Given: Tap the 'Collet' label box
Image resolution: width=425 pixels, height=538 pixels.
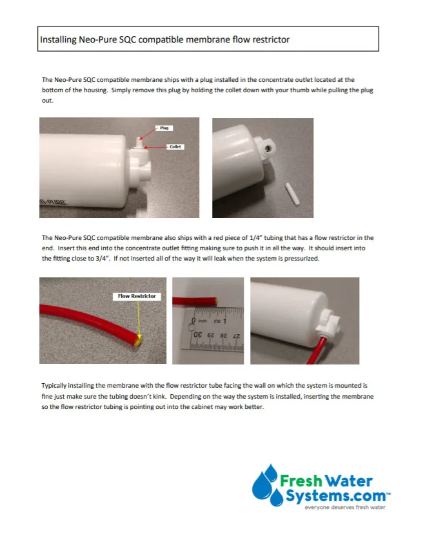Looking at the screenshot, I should (175, 146).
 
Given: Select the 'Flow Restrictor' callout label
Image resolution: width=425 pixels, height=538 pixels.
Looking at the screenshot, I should (137, 296).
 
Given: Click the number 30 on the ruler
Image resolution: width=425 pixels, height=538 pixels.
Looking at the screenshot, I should (198, 335).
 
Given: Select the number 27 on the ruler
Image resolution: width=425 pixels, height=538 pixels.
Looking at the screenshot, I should (236, 335).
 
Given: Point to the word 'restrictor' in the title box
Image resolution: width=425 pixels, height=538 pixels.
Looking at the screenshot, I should (271, 39).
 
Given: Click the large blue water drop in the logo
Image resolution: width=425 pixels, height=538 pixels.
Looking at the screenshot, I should (262, 482).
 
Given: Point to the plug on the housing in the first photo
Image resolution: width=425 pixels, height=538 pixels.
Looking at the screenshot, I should (139, 139).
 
